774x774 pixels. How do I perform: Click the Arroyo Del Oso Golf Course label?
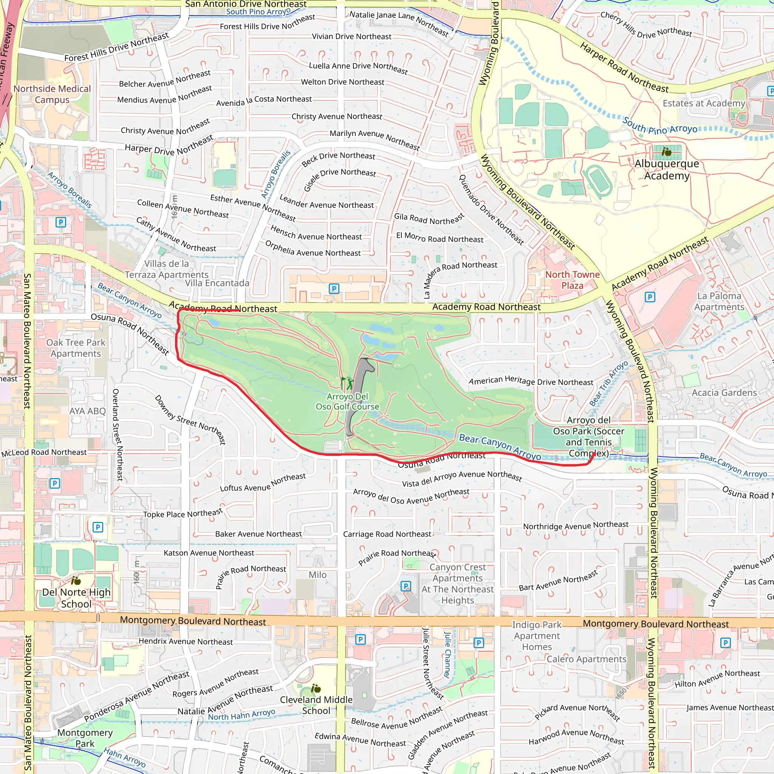point(347,401)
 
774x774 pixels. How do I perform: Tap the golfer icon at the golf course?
point(350,383)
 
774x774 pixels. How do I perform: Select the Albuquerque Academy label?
point(667,169)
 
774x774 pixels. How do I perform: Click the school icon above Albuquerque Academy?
point(667,152)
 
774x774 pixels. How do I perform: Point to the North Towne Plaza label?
point(572,280)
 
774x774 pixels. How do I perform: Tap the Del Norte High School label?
point(76,598)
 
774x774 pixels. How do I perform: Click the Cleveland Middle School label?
point(316,705)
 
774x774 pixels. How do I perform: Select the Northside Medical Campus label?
point(52,94)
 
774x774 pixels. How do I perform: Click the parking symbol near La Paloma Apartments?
point(650,297)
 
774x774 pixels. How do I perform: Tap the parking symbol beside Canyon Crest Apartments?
point(406,586)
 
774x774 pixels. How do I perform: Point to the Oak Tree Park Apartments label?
point(76,348)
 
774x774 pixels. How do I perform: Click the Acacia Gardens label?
point(724,393)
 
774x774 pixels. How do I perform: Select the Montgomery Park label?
point(85,738)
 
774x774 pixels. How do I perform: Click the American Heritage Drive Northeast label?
point(531,381)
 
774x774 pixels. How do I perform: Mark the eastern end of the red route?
point(593,454)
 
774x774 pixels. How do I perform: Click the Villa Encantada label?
point(217,283)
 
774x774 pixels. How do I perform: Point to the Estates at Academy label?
point(703,103)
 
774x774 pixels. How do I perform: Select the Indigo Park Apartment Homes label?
point(537,636)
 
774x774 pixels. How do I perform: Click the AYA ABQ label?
point(87,411)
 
